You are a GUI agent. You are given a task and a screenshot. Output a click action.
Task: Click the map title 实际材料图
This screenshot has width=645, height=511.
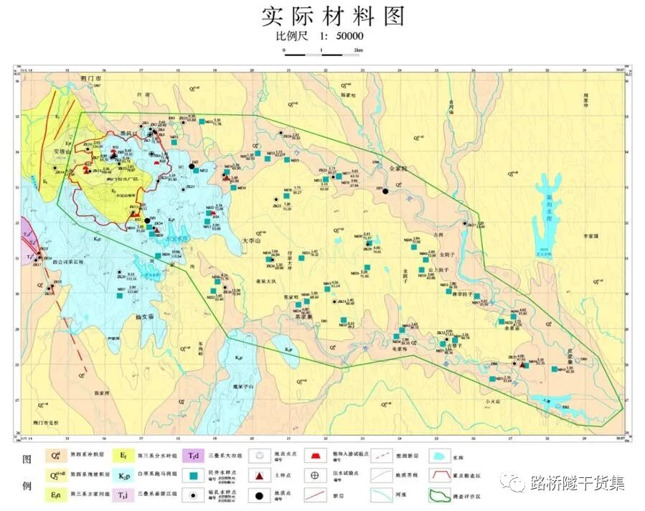click(x=322, y=15)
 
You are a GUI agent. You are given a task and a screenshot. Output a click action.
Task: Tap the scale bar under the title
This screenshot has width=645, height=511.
click(x=322, y=52)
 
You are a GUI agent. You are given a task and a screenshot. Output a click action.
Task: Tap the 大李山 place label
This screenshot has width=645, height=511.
click(x=254, y=242)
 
